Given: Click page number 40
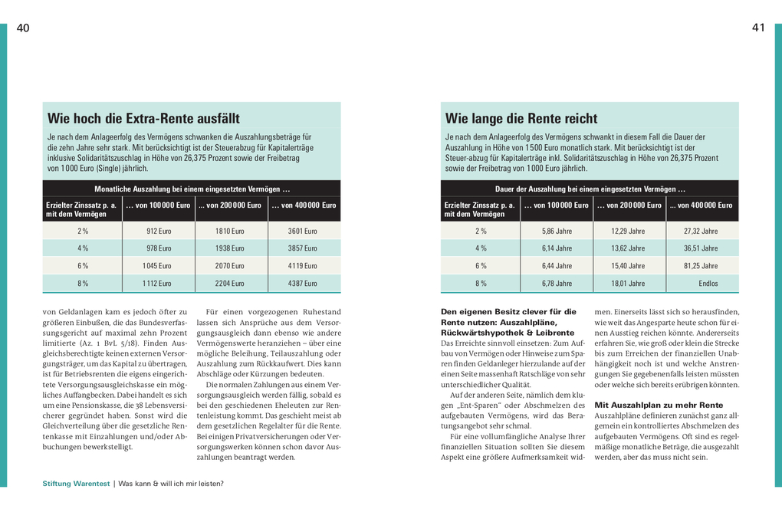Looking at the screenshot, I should click(23, 28).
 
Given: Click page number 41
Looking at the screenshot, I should click(758, 28).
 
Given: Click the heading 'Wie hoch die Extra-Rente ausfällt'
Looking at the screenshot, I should click(143, 119).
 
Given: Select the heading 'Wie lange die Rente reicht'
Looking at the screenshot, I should click(521, 119).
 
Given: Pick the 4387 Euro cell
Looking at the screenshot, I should click(302, 284).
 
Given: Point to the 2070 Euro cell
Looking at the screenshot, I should click(230, 266).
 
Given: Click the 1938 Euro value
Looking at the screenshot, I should click(230, 248).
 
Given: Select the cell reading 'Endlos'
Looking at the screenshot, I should click(708, 284).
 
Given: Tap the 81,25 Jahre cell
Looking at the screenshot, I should click(701, 266).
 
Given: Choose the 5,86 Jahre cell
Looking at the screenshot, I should click(557, 231).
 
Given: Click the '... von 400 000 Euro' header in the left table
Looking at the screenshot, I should click(304, 205).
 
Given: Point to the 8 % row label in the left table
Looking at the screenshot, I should click(83, 284).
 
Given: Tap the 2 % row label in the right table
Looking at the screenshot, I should click(481, 231).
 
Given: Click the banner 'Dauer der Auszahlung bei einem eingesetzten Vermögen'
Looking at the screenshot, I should click(590, 189).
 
